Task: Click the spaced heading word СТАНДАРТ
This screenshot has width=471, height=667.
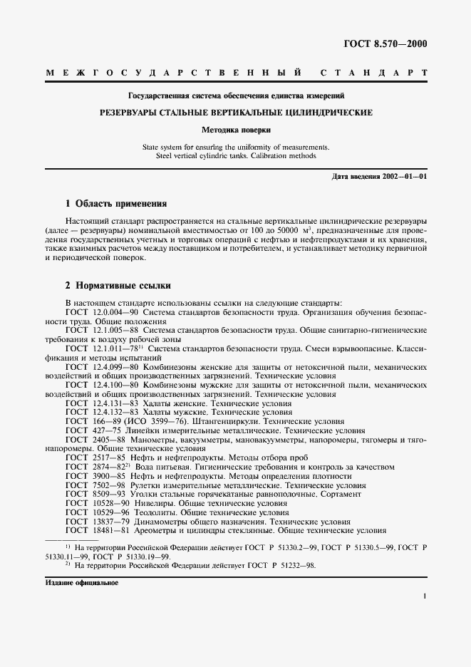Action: (x=374, y=73)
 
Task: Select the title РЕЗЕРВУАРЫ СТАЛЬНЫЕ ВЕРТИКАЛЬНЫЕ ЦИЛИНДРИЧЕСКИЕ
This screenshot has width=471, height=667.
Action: (x=235, y=113)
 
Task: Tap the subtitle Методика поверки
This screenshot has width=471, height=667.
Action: (x=235, y=130)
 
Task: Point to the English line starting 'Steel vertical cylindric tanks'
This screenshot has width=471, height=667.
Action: (x=235, y=155)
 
